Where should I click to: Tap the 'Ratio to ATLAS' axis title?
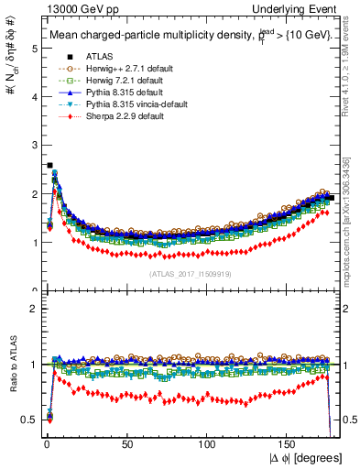tap(10, 365)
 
